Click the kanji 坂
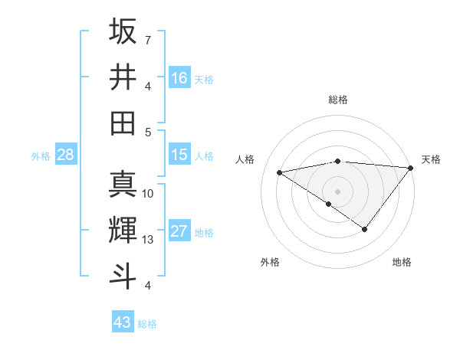(123, 33)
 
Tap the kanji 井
(123, 77)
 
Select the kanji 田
(123, 123)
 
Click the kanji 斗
(123, 275)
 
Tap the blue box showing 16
(179, 77)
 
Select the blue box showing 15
(179, 155)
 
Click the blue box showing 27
(179, 231)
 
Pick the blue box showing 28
(66, 155)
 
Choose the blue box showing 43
(123, 322)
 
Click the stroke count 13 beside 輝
(148, 240)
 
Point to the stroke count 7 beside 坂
(147, 40)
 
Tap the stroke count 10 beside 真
(148, 194)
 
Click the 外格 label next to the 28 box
(41, 156)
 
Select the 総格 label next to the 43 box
(148, 324)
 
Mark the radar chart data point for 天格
(412, 168)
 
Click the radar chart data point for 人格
(279, 172)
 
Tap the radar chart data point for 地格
(365, 229)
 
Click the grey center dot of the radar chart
(337, 190)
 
